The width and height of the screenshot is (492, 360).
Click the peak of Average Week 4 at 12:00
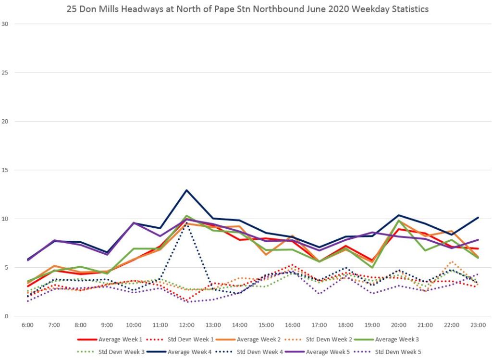(186, 190)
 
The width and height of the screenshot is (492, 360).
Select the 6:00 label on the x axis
(27, 325)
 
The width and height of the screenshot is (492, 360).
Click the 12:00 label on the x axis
(186, 325)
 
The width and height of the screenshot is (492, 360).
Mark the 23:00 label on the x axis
(479, 325)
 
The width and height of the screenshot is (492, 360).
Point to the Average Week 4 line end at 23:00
(479, 217)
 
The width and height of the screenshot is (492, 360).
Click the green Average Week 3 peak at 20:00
(399, 220)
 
